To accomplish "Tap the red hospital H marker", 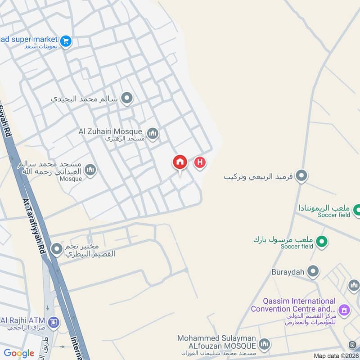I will pos(200,162).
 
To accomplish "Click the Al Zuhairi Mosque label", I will pos(110,131).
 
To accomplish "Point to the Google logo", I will pos(19,353).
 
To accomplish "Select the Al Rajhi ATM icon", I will pos(54,322).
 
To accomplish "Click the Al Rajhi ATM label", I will pos(22,320).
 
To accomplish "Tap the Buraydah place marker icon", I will pos(313,272).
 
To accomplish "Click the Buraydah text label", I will pos(288,272).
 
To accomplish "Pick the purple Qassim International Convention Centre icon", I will pos(345,310).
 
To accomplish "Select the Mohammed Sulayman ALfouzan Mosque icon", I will pos(265,344).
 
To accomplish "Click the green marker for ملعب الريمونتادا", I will pos(357,210).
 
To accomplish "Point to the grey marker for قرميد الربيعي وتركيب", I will pos(302,176).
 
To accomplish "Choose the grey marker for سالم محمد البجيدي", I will pos(127,98).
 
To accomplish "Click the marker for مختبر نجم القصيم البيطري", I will pos(57,249).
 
